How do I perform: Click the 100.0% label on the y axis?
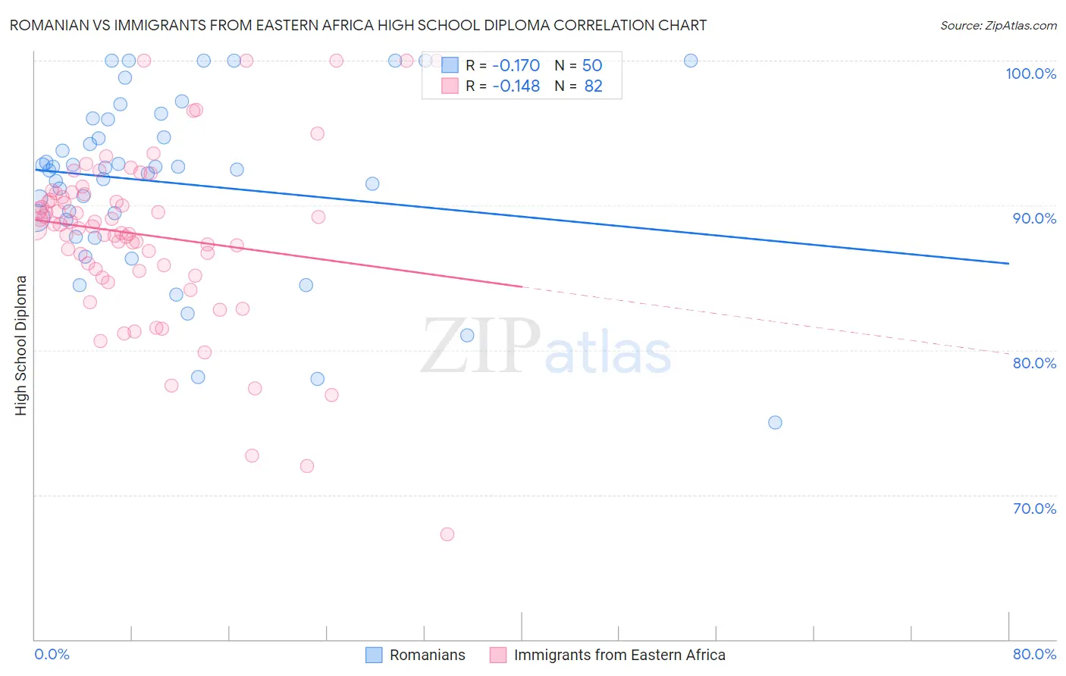tap(1030, 74)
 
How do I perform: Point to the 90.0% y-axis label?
tap(1034, 218)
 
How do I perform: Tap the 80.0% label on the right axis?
tap(1034, 363)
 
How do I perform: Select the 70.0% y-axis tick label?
tap(1034, 509)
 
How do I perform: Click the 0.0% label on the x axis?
tap(52, 654)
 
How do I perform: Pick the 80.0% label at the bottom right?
tap(1034, 654)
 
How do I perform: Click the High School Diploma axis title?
tap(21, 345)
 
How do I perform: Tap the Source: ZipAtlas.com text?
tap(998, 26)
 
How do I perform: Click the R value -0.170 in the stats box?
tap(516, 65)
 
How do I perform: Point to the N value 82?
tap(593, 86)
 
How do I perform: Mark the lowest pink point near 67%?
tap(447, 534)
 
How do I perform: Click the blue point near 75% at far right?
tap(775, 422)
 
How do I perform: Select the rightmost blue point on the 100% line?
tap(691, 61)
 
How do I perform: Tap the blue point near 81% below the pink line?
tap(467, 335)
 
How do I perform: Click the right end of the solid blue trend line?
tap(1008, 263)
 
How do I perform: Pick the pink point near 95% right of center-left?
tap(317, 133)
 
